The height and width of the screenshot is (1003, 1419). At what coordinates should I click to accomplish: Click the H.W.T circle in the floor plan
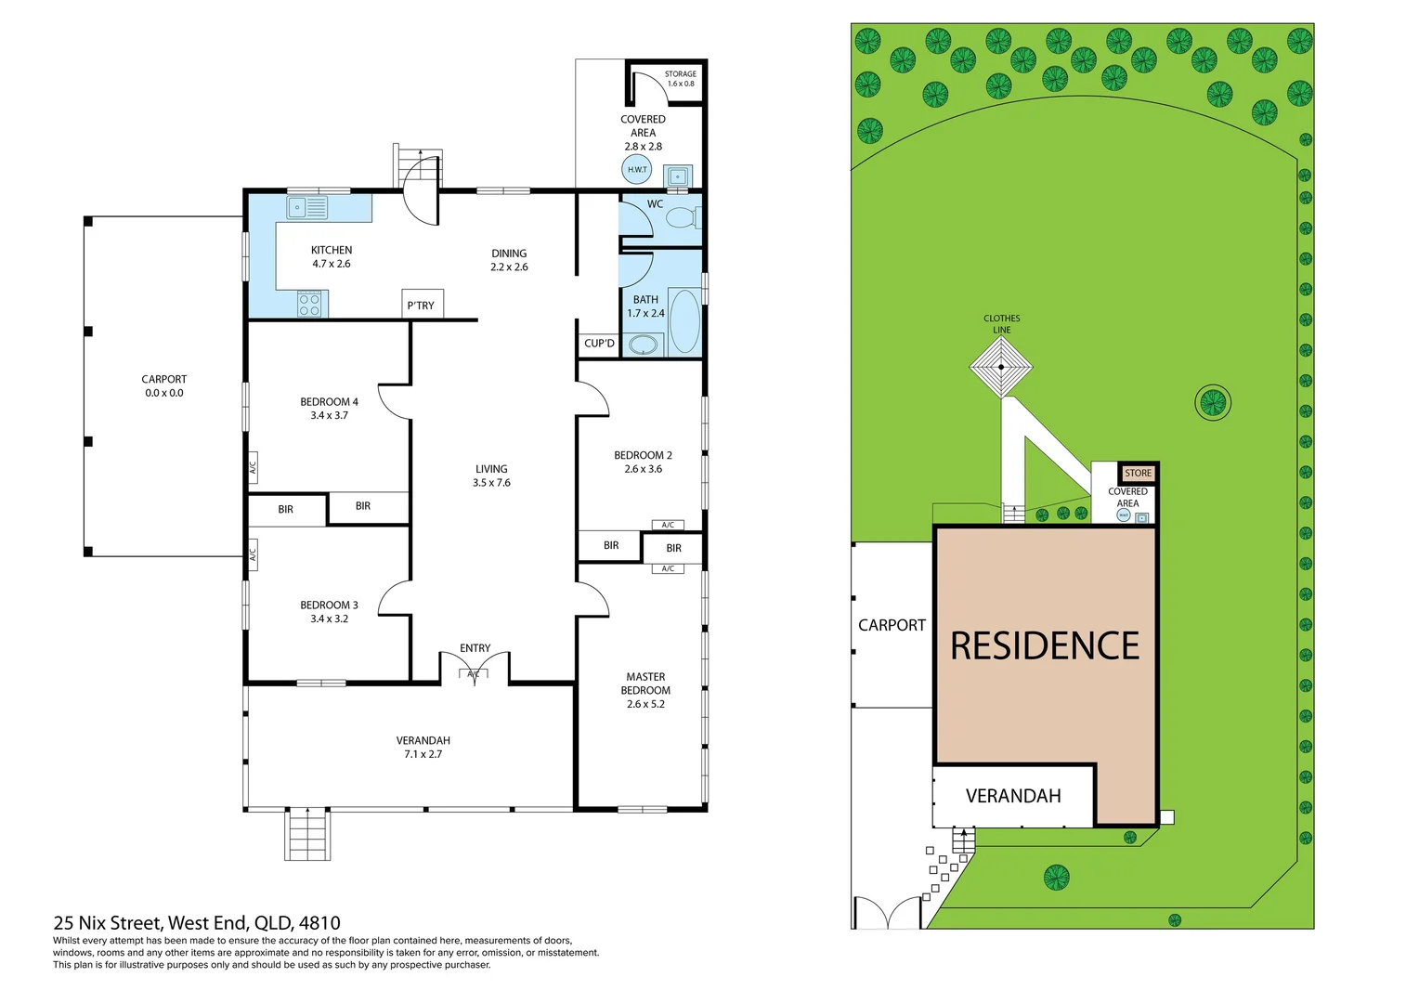point(637,169)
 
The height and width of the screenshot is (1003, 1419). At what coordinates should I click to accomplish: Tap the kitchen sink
point(307,207)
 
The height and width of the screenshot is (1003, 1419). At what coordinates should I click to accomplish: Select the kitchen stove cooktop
point(309,304)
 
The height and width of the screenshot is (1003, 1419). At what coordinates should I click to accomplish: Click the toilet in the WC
point(683,218)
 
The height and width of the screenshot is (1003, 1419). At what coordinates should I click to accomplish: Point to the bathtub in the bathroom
point(684,320)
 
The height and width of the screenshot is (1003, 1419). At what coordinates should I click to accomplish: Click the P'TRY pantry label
point(421,306)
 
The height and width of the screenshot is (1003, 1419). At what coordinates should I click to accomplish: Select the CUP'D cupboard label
point(599,344)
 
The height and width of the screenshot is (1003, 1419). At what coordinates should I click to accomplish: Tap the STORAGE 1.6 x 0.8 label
point(681,79)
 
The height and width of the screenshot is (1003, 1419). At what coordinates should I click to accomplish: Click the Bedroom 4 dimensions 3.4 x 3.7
point(330,416)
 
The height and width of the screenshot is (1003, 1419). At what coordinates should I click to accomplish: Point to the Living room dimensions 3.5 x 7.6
point(491,483)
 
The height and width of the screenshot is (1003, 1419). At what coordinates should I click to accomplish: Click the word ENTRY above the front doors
point(475,648)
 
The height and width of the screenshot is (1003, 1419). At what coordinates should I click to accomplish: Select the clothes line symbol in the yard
point(1001,367)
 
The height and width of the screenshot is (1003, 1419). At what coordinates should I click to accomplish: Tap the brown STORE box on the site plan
point(1138,473)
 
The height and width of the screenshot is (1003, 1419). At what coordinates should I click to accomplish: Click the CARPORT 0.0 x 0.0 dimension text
point(164,393)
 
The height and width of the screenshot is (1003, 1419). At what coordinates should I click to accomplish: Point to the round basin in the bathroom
point(644,345)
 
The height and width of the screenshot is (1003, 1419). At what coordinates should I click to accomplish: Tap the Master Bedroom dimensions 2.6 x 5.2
point(645,704)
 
